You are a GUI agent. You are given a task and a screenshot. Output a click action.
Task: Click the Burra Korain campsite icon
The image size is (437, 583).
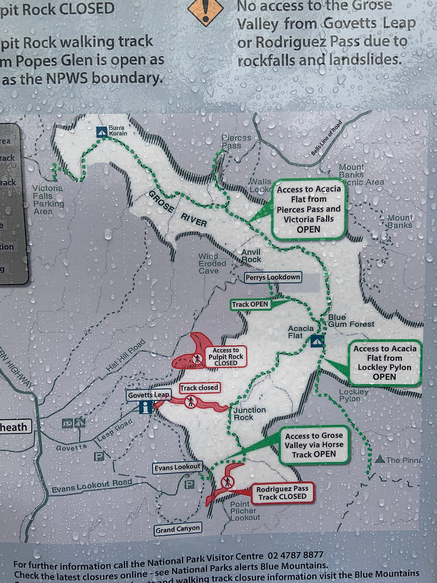click(102, 132)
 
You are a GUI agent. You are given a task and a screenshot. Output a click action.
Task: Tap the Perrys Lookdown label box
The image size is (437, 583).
click(272, 277)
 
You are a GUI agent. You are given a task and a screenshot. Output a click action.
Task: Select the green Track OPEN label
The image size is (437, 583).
click(250, 304)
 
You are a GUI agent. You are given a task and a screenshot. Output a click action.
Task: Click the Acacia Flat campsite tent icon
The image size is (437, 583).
click(317, 341)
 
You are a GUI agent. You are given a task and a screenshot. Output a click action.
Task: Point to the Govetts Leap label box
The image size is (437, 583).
click(148, 395)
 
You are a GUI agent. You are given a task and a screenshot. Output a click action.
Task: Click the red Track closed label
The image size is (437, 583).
click(199, 388)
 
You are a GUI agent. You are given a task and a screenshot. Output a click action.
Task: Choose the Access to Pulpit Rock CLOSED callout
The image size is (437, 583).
click(226, 357)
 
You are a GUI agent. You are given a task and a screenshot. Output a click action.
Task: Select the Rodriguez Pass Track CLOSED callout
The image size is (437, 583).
click(282, 493)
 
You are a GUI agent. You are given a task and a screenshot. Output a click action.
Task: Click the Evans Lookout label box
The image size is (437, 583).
click(177, 467)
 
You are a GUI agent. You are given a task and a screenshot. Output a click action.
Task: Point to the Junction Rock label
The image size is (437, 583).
click(249, 413)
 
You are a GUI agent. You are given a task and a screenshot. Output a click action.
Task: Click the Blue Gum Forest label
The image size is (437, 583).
click(351, 321)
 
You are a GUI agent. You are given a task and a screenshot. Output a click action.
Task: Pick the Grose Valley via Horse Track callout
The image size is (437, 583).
click(314, 445)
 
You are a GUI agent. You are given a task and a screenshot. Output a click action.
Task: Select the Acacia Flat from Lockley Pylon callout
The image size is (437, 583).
click(384, 363)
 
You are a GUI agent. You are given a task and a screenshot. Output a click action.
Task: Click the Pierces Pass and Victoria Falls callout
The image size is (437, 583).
click(309, 209)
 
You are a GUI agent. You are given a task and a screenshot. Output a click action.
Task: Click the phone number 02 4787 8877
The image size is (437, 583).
click(295, 556)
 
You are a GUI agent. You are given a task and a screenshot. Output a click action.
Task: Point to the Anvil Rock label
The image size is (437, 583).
click(251, 256)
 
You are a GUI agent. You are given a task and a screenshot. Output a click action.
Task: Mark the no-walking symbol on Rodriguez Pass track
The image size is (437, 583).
click(227, 482)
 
